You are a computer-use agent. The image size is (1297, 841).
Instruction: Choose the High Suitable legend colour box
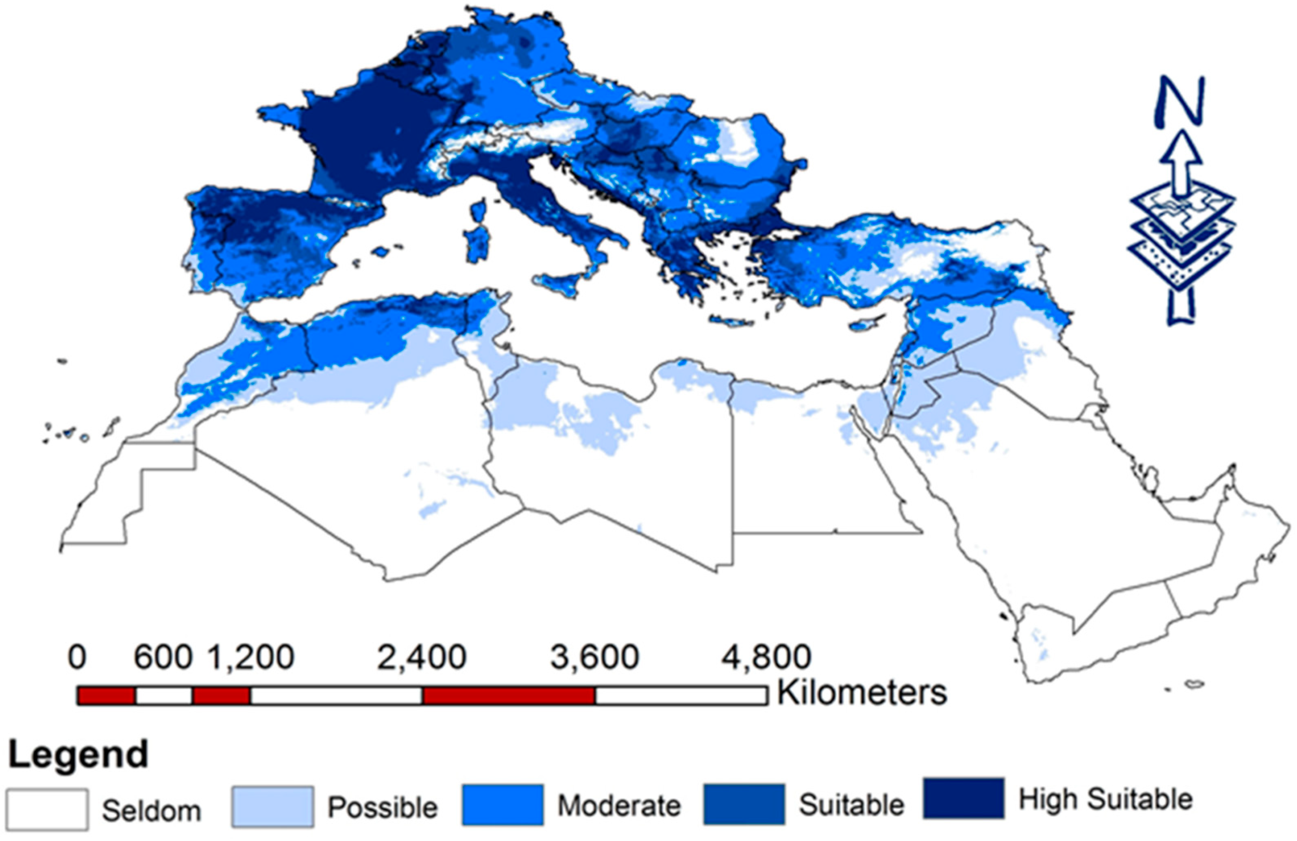(x=964, y=798)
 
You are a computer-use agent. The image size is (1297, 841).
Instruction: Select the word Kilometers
(x=862, y=693)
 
